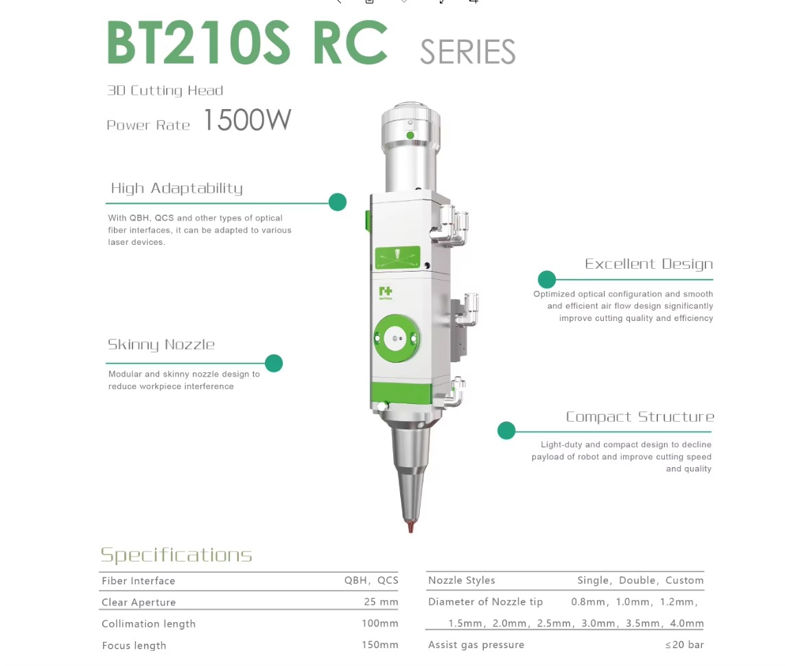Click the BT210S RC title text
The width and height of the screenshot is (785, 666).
(x=247, y=43)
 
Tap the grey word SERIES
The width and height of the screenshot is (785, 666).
(x=467, y=52)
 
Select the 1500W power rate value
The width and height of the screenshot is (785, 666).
(x=247, y=120)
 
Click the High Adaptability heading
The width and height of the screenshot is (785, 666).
(x=177, y=189)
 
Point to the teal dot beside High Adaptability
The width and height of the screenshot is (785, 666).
(x=338, y=202)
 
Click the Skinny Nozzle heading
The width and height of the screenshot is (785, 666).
(x=161, y=345)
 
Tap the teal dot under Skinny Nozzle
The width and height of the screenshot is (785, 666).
(x=274, y=364)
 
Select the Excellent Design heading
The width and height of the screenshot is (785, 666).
(x=649, y=264)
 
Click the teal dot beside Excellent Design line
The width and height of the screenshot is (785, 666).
(x=547, y=279)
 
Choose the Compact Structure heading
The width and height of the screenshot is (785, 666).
(x=640, y=417)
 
